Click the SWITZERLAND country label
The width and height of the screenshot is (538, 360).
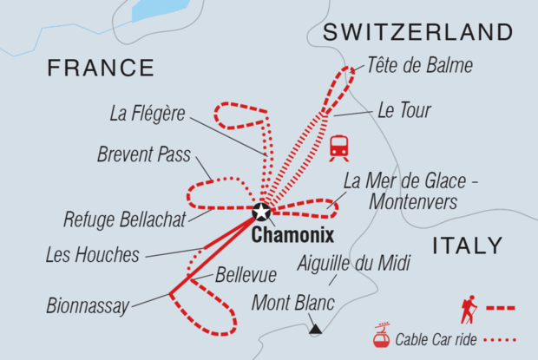(x=417, y=33)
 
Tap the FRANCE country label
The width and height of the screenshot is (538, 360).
(x=101, y=68)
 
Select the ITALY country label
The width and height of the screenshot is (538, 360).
(x=467, y=245)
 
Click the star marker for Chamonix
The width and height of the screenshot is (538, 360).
(x=260, y=212)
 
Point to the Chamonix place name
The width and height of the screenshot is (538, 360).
(x=291, y=235)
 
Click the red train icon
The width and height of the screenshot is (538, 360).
(x=339, y=148)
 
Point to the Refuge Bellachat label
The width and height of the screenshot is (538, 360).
(x=125, y=219)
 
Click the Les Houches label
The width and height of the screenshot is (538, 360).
(x=94, y=255)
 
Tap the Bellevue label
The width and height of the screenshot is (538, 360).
(x=247, y=275)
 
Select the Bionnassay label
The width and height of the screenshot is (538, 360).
(x=89, y=305)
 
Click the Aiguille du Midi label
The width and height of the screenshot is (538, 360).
(x=352, y=264)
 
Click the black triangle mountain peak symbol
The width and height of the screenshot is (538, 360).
(x=315, y=330)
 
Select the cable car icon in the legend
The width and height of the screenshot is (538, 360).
(x=379, y=336)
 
